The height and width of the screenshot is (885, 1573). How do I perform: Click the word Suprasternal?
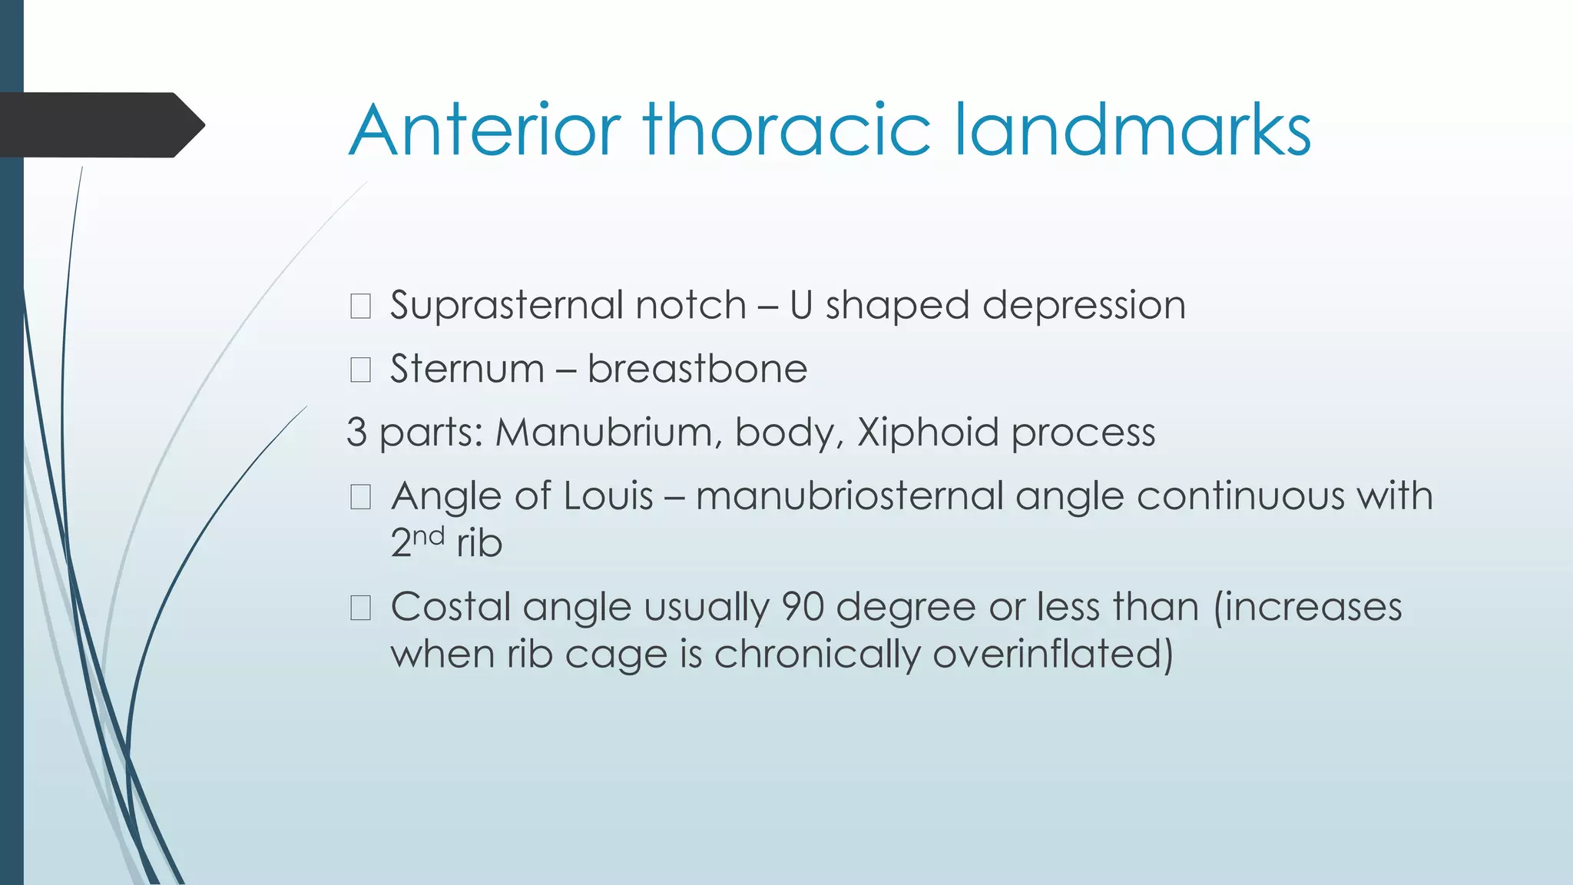point(568,306)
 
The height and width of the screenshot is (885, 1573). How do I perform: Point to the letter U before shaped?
point(801,305)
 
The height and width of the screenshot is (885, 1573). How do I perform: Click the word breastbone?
point(697,369)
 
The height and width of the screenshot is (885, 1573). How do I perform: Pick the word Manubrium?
point(608,433)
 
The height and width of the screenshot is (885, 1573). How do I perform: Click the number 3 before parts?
point(356,433)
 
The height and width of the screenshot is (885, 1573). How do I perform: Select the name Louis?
point(608,496)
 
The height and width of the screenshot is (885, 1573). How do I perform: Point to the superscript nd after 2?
point(429,535)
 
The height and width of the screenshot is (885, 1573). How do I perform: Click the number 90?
point(803,607)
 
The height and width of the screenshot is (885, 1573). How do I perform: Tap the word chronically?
point(817,655)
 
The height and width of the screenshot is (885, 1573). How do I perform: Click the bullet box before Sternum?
point(360,370)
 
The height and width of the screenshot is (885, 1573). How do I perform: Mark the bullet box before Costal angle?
point(360,608)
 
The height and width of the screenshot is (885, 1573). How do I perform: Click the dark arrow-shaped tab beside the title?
point(100,125)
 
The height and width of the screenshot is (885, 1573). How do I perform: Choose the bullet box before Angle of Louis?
point(360,497)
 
